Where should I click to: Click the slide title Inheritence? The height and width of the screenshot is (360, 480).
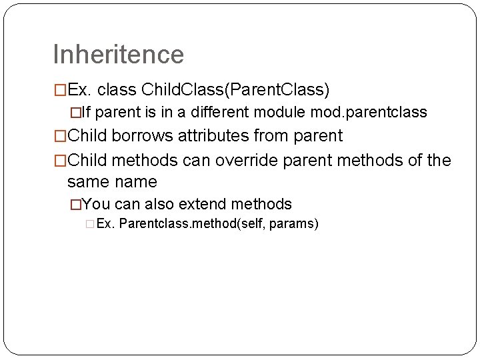tap(118, 55)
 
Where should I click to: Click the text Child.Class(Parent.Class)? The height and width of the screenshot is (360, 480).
tap(236, 89)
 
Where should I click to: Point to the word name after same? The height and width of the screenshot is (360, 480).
tap(136, 181)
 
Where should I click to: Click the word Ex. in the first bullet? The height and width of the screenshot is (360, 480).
tap(81, 89)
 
